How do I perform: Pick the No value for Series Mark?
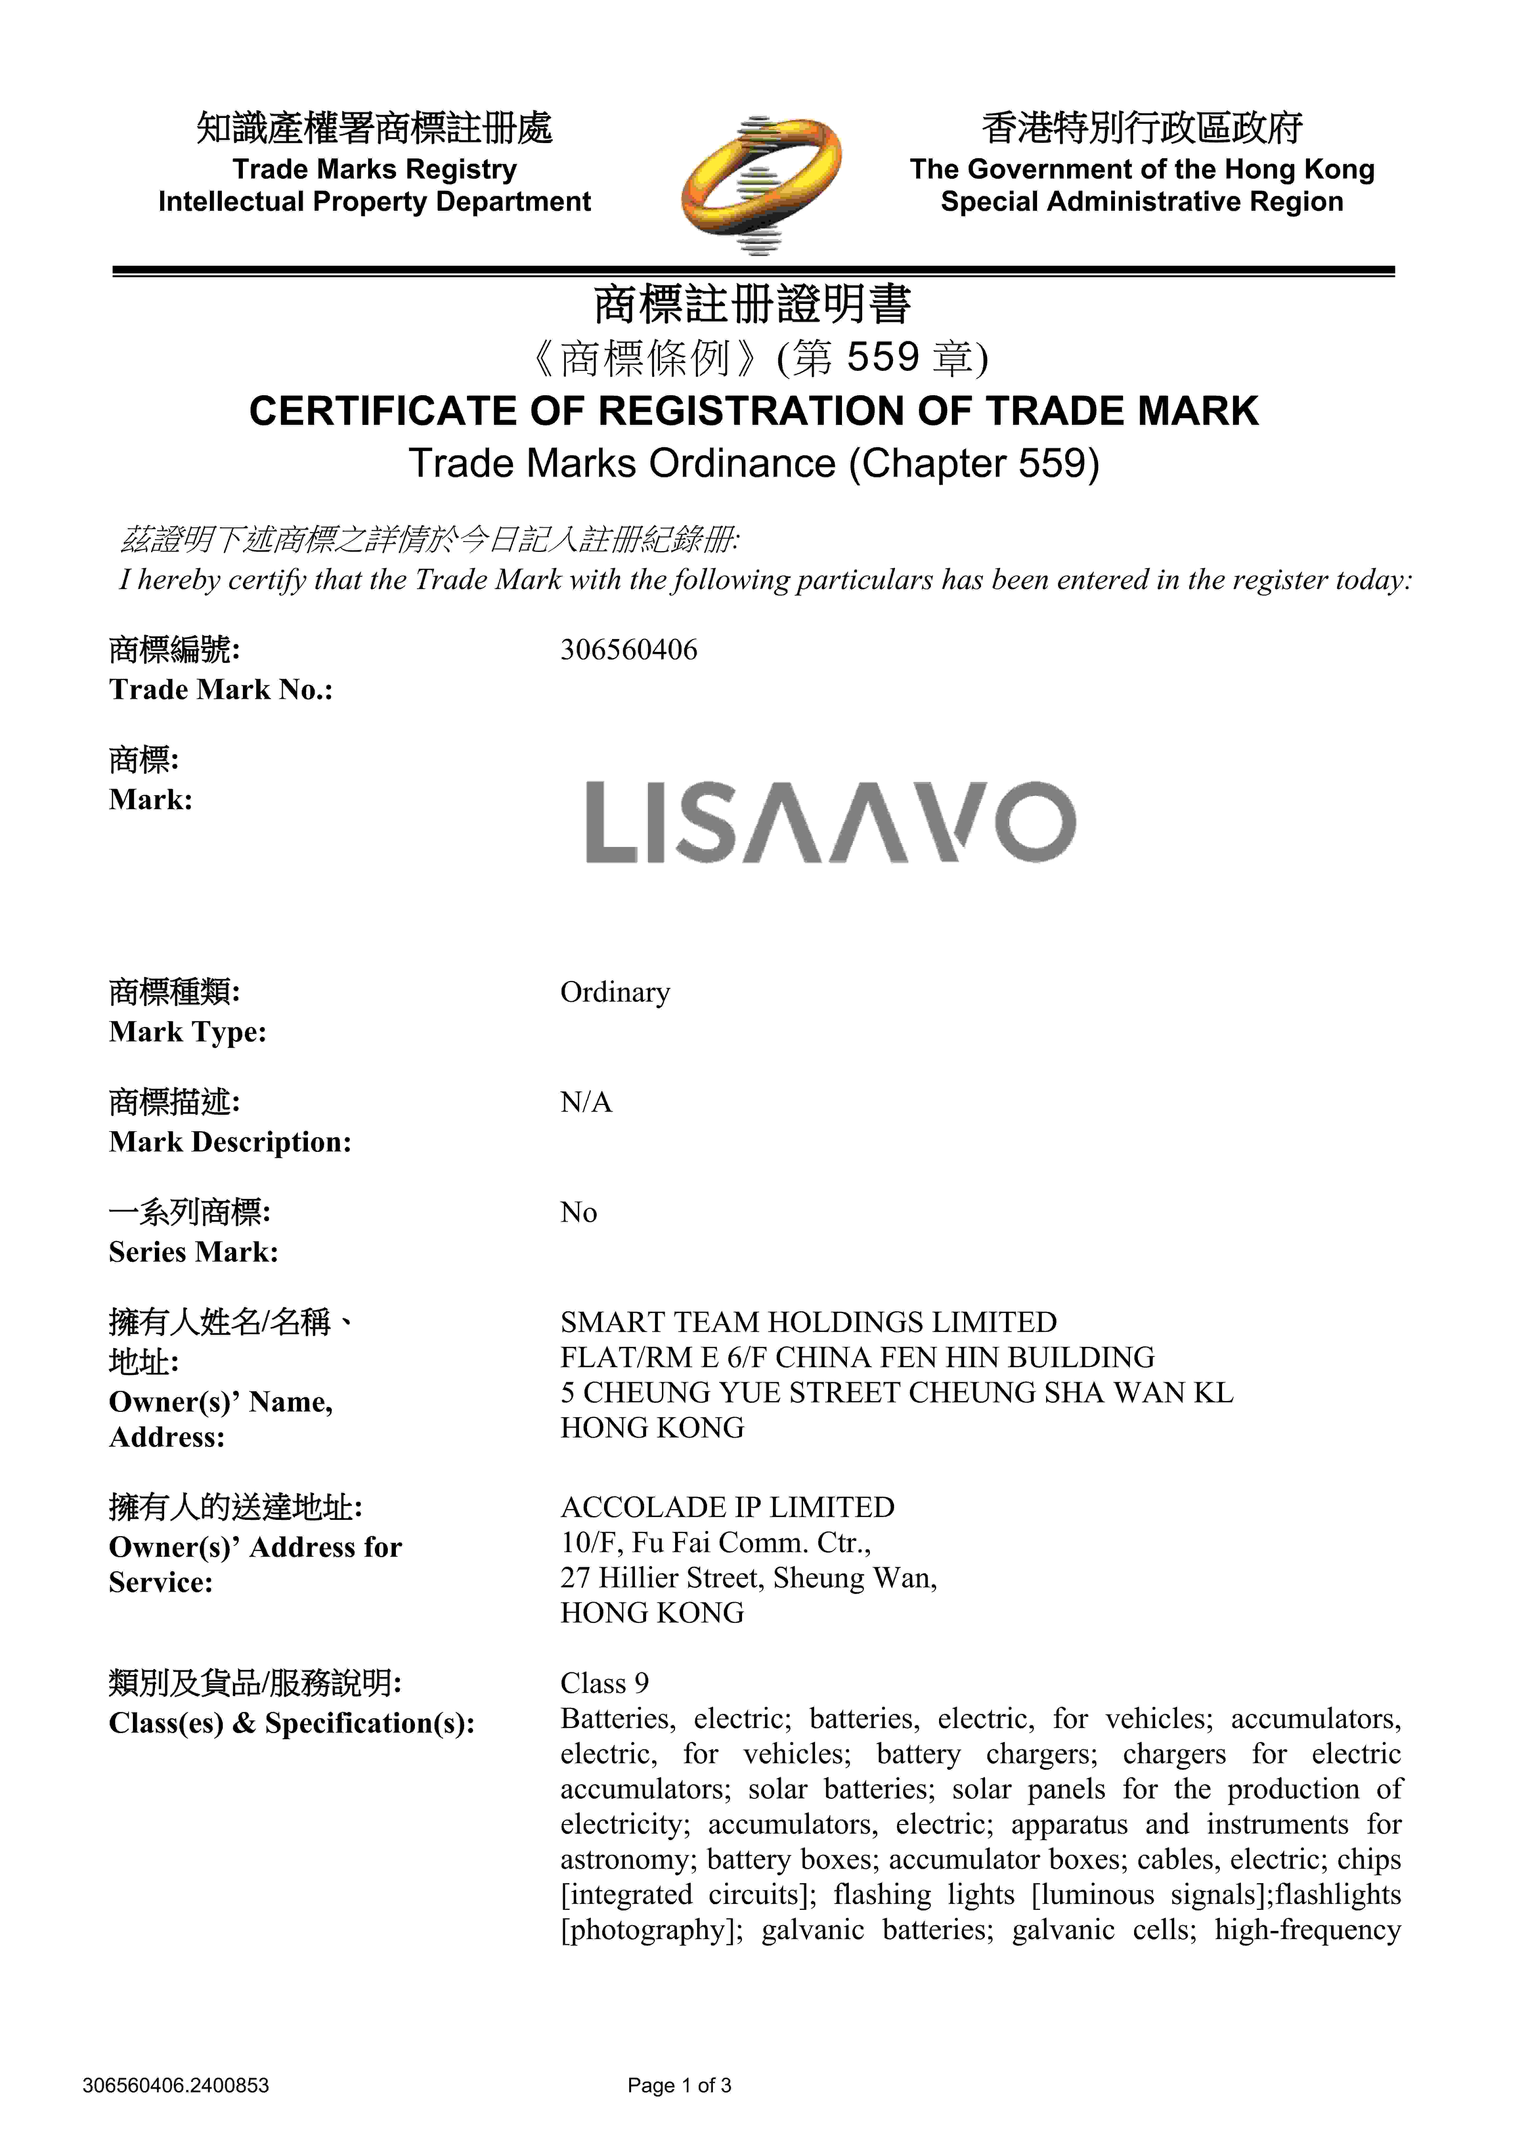tap(579, 1212)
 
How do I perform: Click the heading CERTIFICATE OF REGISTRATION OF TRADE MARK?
tap(754, 411)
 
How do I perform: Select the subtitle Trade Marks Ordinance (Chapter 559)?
tap(754, 464)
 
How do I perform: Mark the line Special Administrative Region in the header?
tap(1141, 202)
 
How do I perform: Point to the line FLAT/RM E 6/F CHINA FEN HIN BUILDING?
tap(857, 1357)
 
